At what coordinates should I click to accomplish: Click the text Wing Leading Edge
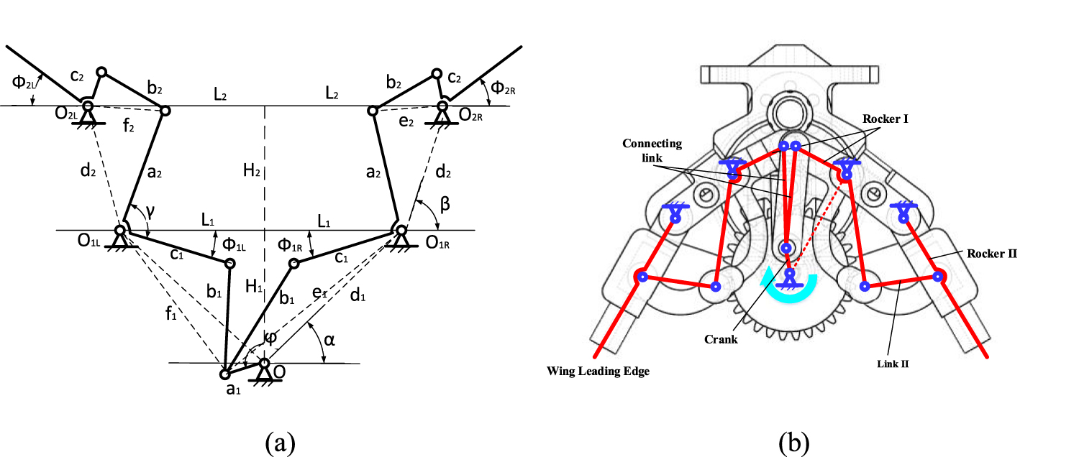point(596,371)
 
